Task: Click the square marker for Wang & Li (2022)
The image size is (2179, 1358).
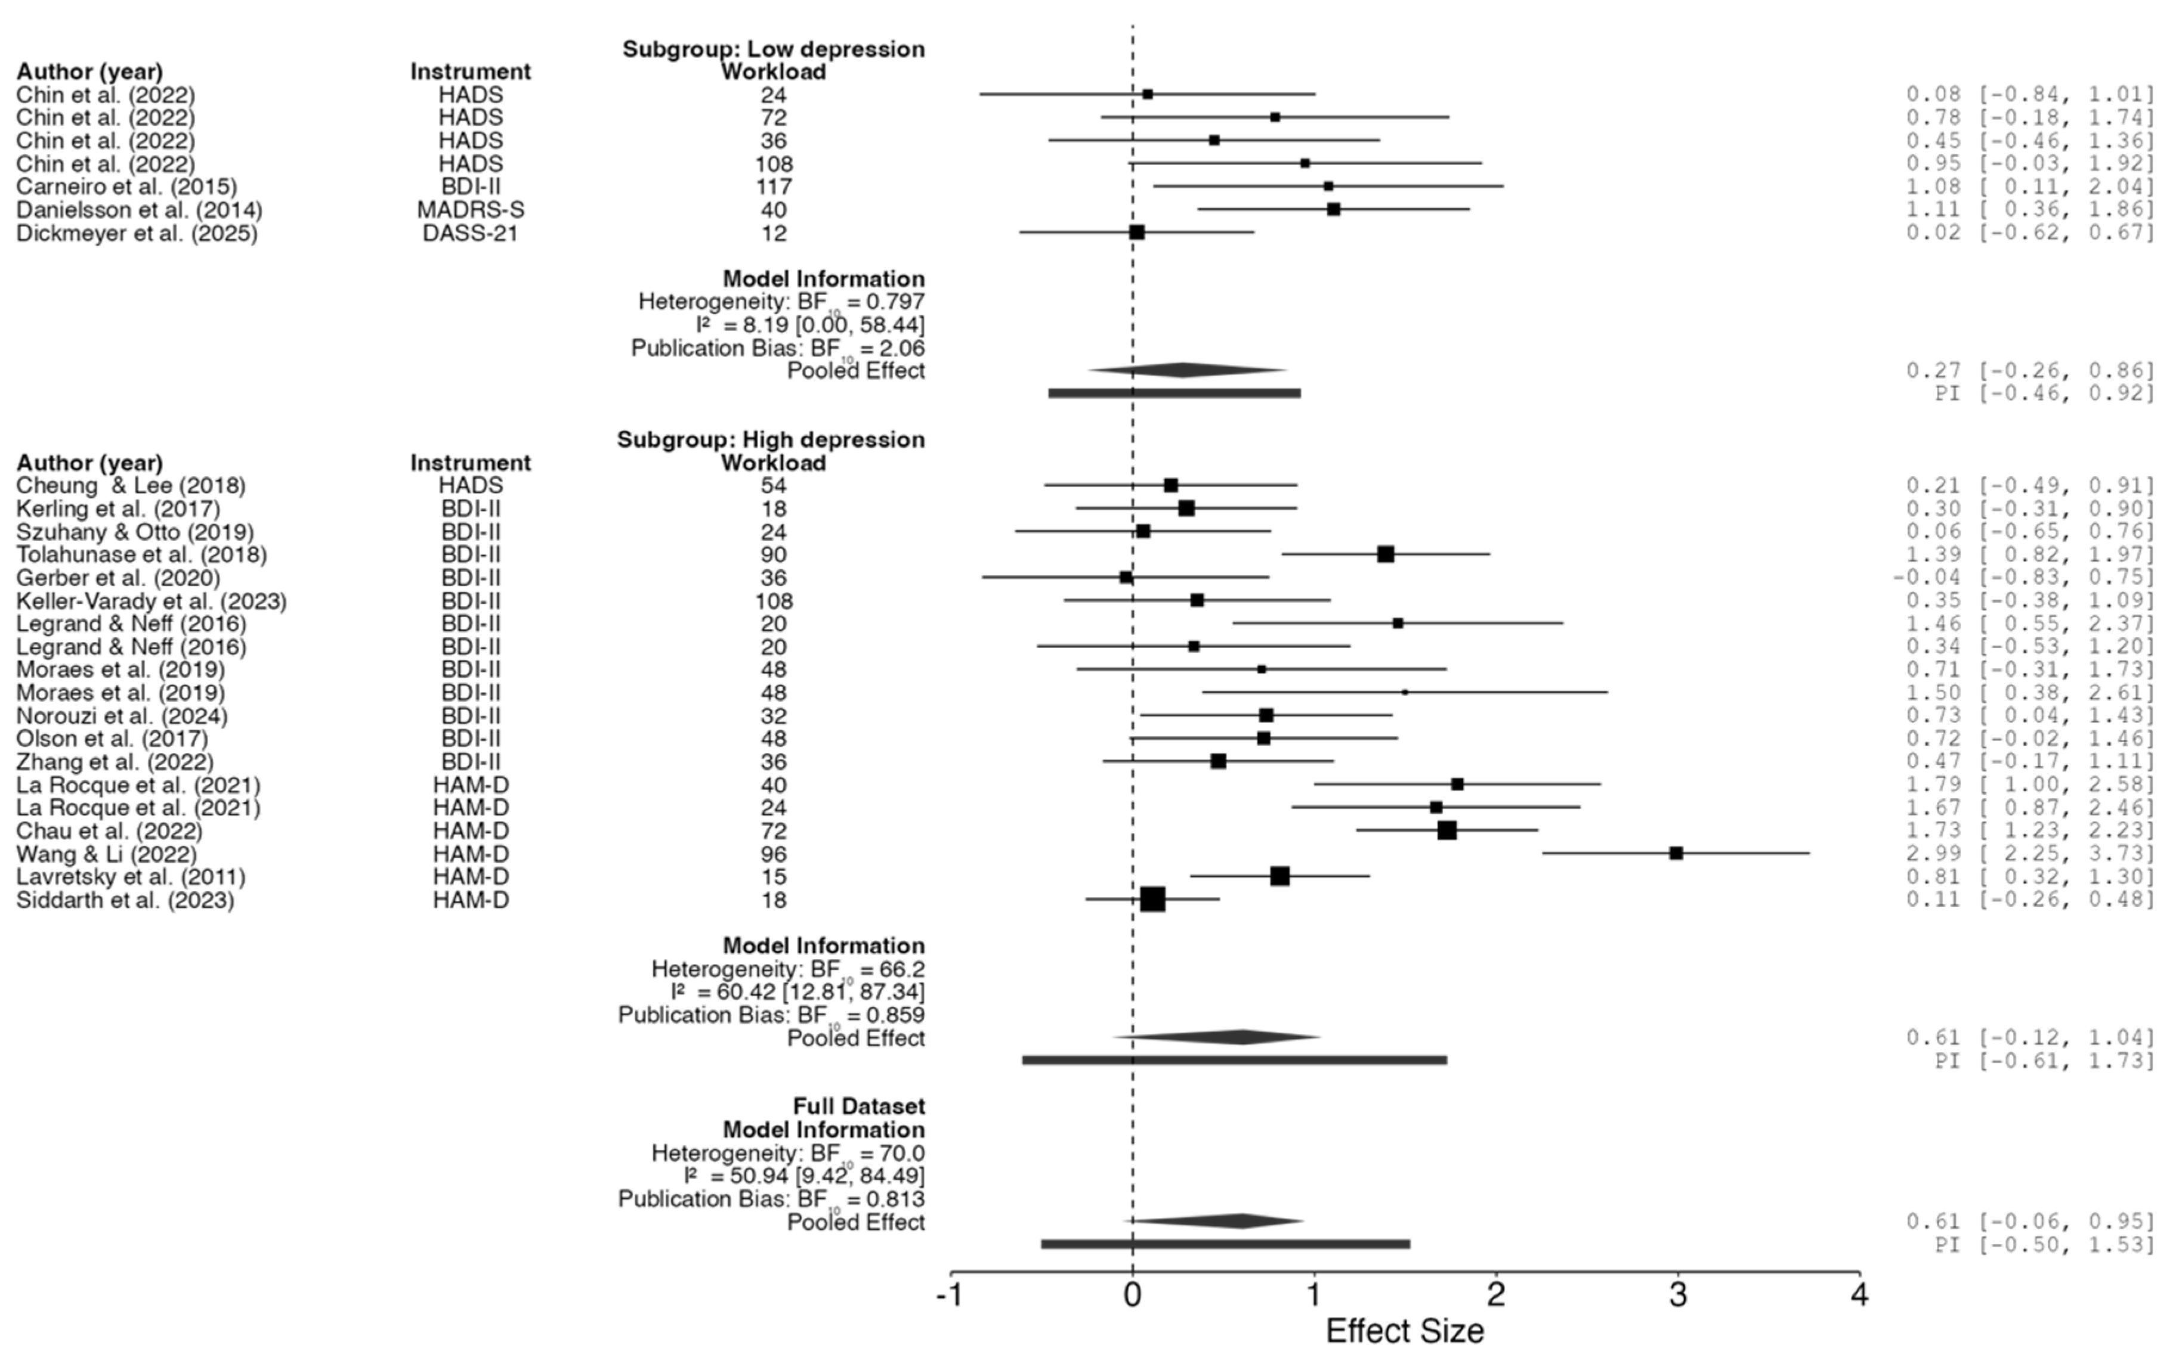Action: (1676, 853)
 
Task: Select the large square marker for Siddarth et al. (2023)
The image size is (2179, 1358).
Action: (1153, 899)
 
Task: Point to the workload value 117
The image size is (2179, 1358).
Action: (774, 187)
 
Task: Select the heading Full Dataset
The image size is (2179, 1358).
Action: (858, 1106)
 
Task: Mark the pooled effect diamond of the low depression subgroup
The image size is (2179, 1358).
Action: (1184, 370)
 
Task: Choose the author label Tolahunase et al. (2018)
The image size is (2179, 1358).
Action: (141, 555)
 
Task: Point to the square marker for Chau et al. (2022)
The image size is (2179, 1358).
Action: (1447, 830)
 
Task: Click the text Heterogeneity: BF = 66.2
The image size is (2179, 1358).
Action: (787, 970)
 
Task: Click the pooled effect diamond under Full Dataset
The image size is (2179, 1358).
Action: (1240, 1221)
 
